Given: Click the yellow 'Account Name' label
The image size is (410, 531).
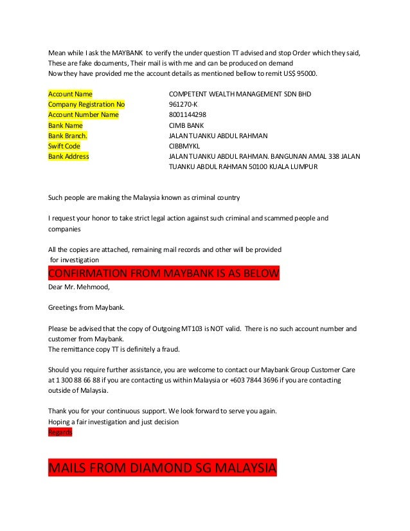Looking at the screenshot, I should [71, 94].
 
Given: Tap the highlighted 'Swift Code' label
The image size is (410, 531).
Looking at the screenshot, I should [64, 146].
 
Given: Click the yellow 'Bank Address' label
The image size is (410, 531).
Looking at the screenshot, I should [69, 156].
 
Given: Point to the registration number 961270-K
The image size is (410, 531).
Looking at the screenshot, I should [183, 104].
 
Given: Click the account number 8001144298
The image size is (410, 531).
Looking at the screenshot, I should [187, 114].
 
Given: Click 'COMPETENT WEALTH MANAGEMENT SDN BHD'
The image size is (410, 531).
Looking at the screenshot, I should [239, 94].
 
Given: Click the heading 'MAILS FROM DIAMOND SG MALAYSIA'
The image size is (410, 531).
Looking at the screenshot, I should [162, 467].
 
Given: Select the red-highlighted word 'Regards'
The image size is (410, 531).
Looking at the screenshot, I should [60, 433].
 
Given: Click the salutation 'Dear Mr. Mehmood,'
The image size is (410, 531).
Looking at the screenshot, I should [76, 286].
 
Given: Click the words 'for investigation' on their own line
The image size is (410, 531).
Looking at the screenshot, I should [75, 260].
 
